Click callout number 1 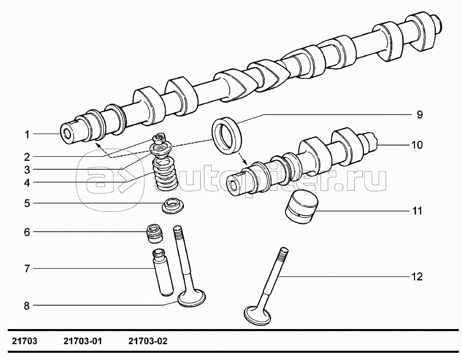(26, 135)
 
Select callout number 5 (26, 203)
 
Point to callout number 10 (417, 145)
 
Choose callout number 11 (417, 211)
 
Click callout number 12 (417, 277)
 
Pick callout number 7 (26, 269)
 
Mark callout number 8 (26, 305)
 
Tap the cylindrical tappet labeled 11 (301, 207)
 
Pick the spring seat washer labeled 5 (171, 206)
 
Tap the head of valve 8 (192, 298)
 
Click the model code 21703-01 (83, 341)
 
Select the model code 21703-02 (147, 341)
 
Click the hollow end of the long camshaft (68, 133)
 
